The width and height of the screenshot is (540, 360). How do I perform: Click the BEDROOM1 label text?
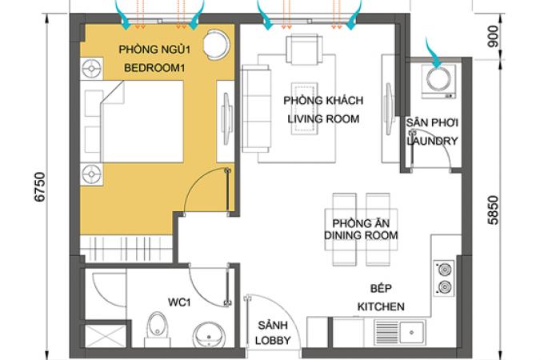[154, 68]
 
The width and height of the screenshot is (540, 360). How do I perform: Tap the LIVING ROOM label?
[323, 119]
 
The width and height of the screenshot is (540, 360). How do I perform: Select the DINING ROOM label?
[361, 235]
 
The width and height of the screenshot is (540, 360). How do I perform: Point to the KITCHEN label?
[381, 306]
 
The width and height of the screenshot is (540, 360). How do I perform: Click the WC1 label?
[179, 302]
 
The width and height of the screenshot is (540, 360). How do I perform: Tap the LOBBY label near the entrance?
[273, 340]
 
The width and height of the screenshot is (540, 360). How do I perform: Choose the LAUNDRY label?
[433, 141]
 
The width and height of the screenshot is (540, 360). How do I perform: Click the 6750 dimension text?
[40, 186]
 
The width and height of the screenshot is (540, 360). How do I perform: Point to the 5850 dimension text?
[494, 210]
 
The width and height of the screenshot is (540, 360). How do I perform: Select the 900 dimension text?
[494, 37]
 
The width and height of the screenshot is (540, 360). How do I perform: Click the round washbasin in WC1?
[209, 335]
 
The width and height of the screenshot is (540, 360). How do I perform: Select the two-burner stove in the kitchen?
[444, 278]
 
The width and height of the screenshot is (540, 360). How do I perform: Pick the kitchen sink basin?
[411, 332]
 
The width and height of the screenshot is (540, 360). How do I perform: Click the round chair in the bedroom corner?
[216, 45]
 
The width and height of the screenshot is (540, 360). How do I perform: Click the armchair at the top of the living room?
[305, 50]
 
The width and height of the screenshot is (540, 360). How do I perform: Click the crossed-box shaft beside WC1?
[106, 336]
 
